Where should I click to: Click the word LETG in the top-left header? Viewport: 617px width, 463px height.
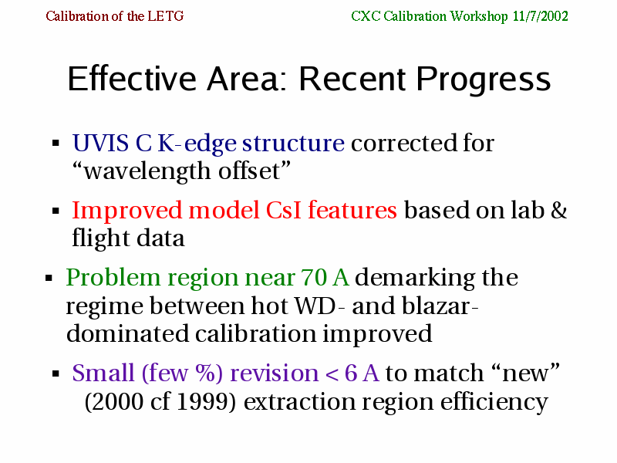pos(165,16)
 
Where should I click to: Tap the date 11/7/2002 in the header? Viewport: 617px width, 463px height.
pos(541,16)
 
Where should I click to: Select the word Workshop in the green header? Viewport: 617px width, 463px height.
pos(479,16)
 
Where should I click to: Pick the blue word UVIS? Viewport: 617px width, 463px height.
pos(100,143)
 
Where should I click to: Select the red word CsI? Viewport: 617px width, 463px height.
pos(283,210)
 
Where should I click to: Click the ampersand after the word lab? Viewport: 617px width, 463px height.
pos(558,210)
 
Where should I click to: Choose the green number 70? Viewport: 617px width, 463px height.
pos(314,277)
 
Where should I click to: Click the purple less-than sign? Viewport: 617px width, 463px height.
pos(332,374)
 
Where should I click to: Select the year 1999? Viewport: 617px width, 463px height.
pos(206,401)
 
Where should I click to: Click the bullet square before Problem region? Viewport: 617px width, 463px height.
pos(49,279)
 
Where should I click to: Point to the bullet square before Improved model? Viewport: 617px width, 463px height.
pos(56,211)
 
